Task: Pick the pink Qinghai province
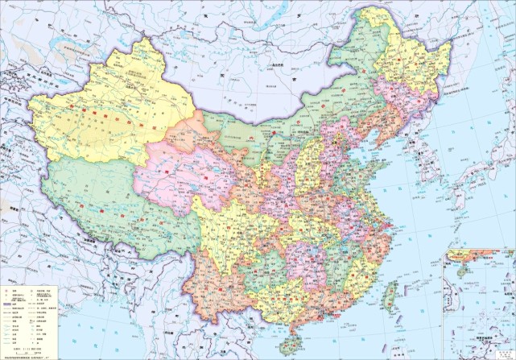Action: (x=181, y=173)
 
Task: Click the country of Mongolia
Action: (x=241, y=72)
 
